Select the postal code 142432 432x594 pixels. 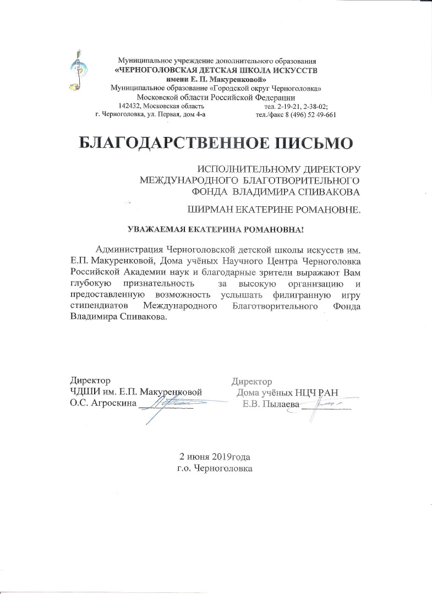coord(132,106)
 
